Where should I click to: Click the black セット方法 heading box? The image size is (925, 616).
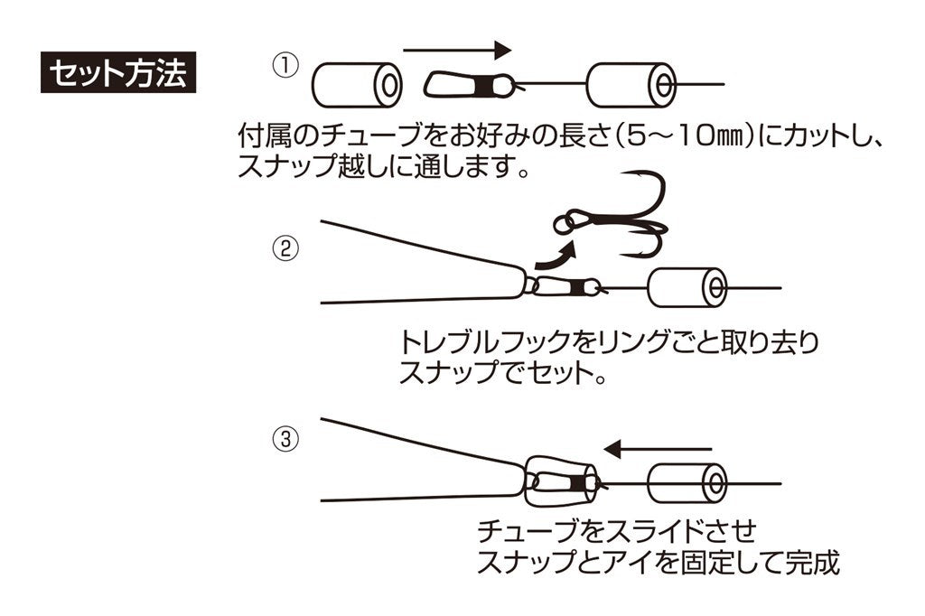click(x=118, y=73)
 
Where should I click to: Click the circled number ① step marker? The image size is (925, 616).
click(x=285, y=67)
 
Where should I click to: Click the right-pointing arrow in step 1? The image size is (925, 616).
click(x=456, y=51)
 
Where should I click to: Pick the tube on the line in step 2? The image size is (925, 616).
click(x=687, y=288)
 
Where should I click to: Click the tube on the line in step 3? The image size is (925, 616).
click(x=687, y=483)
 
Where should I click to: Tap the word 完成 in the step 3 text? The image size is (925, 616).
click(x=811, y=562)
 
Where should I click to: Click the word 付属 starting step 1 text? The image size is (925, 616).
click(x=266, y=137)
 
